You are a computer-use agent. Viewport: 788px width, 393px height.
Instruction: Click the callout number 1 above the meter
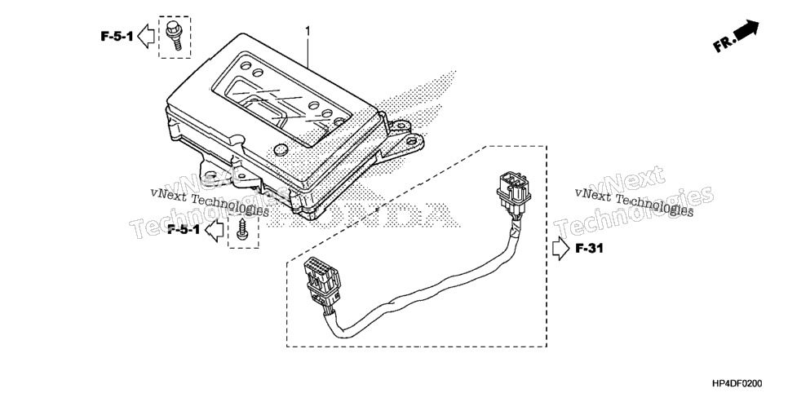pyautogui.click(x=308, y=32)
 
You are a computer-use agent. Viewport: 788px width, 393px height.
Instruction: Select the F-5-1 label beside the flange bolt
pyautogui.click(x=117, y=36)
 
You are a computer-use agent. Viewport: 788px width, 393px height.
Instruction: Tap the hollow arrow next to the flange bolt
pyautogui.click(x=146, y=36)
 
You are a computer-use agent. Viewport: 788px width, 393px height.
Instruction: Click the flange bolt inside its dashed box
pyautogui.click(x=174, y=35)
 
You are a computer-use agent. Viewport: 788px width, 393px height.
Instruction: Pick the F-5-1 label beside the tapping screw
pyautogui.click(x=184, y=230)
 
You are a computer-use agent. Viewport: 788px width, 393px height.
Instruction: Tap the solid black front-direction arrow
pyautogui.click(x=746, y=31)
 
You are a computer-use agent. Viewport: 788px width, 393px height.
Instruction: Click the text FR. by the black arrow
pyautogui.click(x=724, y=45)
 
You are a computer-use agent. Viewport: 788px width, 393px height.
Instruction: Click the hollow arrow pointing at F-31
pyautogui.click(x=561, y=249)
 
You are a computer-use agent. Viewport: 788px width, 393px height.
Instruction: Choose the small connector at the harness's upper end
pyautogui.click(x=512, y=191)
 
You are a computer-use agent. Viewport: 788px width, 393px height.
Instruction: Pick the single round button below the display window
pyautogui.click(x=281, y=148)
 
